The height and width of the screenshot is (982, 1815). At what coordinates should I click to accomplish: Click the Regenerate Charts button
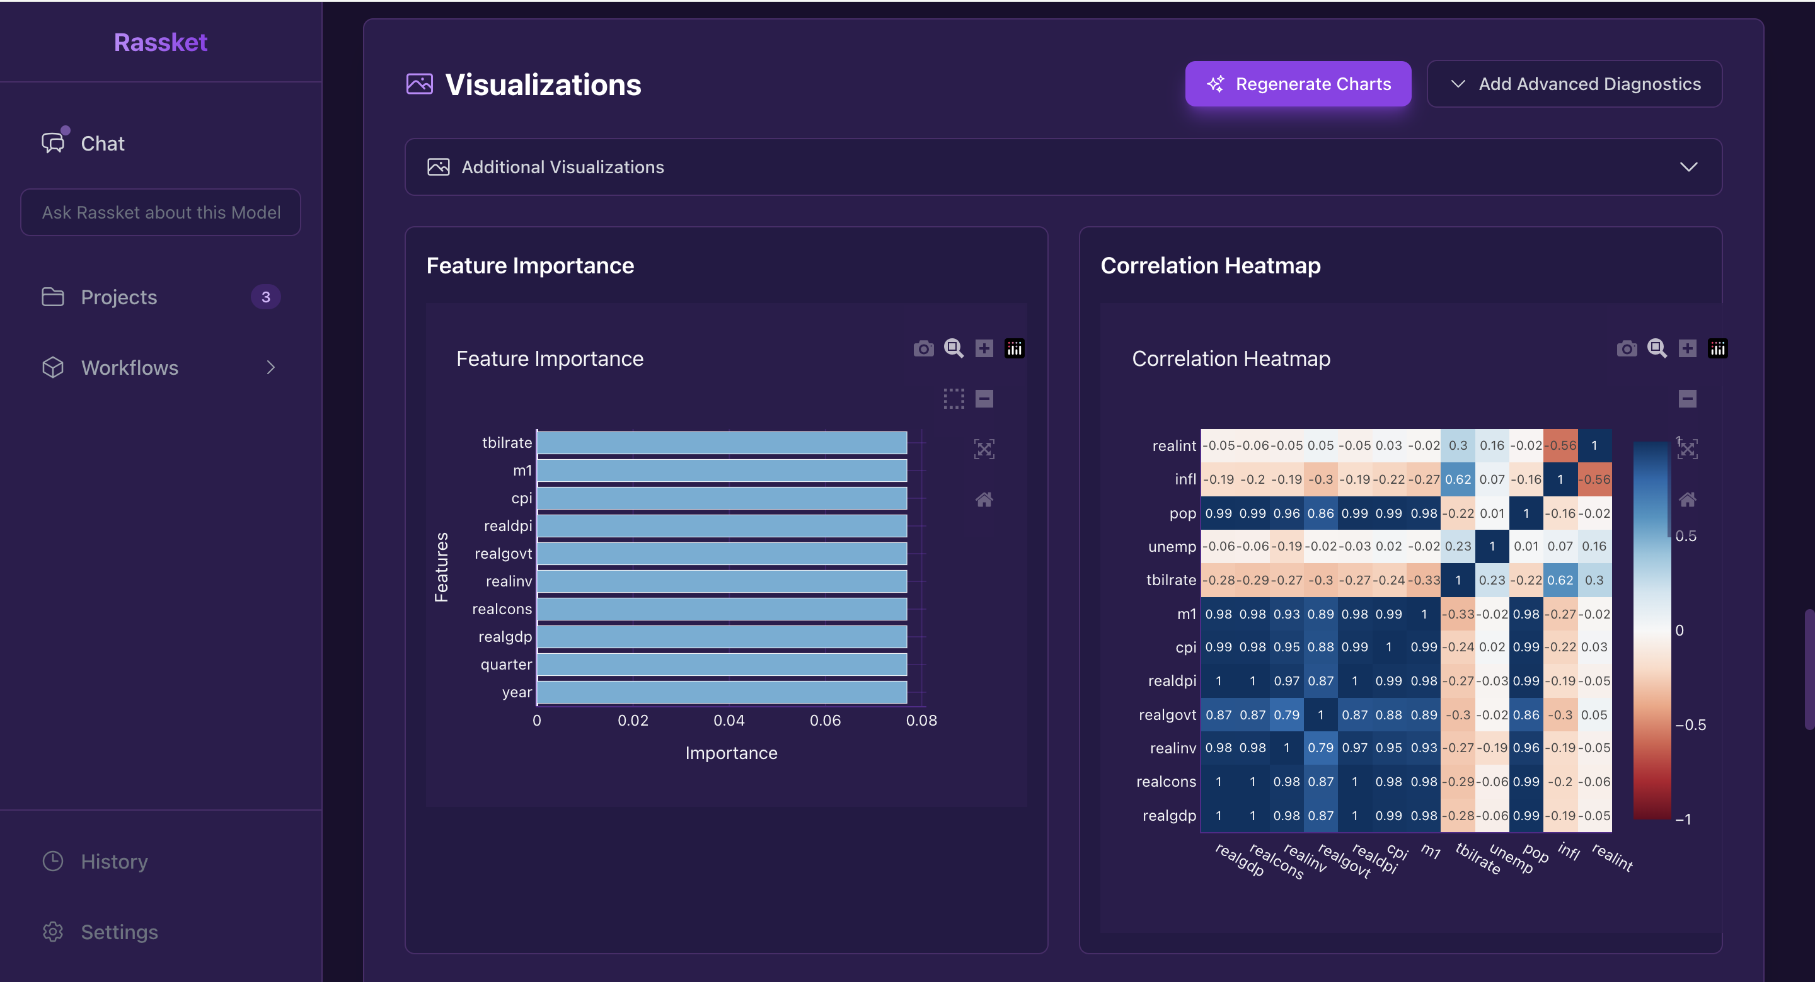coord(1297,84)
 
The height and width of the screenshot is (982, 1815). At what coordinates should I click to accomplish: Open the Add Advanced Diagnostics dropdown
coord(1574,84)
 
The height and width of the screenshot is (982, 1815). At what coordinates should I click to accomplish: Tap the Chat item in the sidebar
coord(102,143)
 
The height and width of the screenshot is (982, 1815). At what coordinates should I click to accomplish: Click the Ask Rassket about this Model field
coord(161,212)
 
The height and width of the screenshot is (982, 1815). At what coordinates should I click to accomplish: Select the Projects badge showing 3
coord(265,297)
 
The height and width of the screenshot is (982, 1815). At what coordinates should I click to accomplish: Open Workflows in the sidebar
coord(130,367)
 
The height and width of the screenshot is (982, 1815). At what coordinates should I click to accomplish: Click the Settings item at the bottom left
coord(119,931)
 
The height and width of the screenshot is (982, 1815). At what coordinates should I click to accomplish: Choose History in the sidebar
coord(114,861)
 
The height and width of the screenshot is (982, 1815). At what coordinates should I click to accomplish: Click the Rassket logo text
coord(161,42)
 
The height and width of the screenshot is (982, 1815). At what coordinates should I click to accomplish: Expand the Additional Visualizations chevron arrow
coord(1688,167)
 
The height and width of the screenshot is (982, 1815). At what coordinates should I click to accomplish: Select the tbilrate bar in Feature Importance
coord(722,442)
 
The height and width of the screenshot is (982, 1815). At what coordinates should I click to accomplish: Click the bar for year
coord(722,692)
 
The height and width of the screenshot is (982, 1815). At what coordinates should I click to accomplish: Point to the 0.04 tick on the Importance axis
coord(729,720)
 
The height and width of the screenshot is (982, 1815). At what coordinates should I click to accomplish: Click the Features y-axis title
coord(442,566)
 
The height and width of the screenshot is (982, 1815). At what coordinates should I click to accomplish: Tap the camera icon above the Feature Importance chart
coord(923,349)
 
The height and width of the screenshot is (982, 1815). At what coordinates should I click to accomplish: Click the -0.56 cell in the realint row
coord(1560,445)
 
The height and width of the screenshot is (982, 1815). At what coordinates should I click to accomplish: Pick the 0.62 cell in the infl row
coord(1458,479)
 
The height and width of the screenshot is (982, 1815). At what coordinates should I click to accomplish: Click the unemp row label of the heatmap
coord(1172,547)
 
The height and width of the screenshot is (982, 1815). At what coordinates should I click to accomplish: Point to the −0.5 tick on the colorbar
coord(1690,724)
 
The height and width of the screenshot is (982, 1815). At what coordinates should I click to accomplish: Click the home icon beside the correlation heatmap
coord(1688,500)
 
